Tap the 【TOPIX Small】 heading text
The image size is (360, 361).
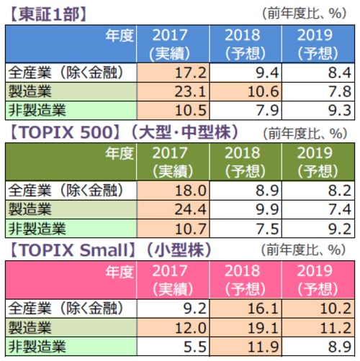[68, 250]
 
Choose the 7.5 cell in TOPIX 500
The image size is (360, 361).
[247, 229]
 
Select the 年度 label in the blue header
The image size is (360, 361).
[119, 36]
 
